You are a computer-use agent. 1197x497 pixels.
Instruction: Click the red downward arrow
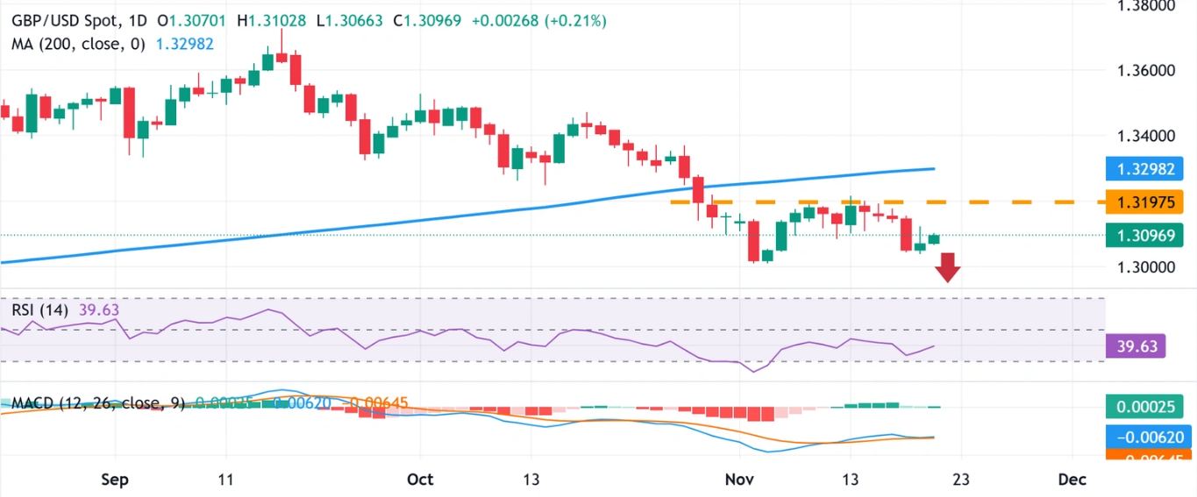point(948,267)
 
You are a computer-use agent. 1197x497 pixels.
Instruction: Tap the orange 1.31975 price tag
point(1144,202)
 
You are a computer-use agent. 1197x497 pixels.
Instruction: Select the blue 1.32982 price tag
point(1144,169)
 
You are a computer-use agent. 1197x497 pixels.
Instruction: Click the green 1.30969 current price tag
point(1144,235)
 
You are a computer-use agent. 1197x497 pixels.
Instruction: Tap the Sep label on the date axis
point(115,479)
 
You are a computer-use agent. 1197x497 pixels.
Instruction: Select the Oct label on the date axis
point(420,479)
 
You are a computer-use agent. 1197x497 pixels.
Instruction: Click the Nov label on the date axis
point(739,479)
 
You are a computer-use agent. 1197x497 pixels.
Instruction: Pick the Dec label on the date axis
point(1072,479)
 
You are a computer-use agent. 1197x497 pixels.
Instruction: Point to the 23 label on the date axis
point(960,479)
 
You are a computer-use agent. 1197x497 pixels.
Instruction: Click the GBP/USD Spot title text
point(66,20)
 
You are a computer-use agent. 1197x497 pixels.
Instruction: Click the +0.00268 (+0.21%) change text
point(538,20)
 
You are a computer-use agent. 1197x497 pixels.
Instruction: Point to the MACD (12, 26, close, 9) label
point(96,403)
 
